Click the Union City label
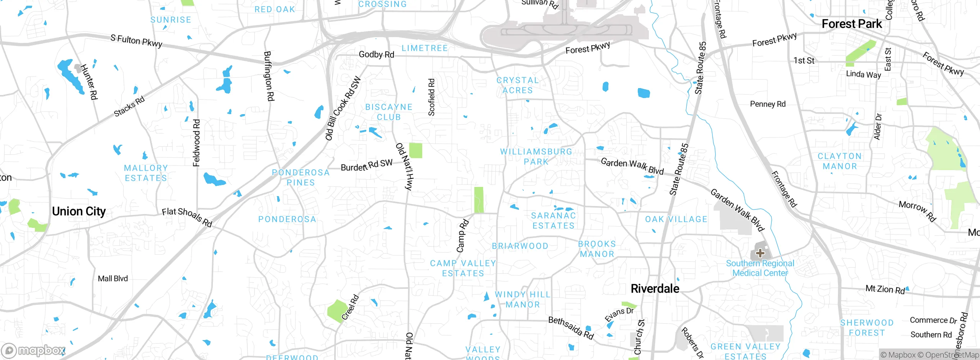pos(79,211)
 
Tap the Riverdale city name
pos(655,289)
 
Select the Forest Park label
pos(851,24)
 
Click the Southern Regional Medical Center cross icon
pos(760,253)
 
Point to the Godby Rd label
pos(376,55)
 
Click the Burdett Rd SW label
pos(366,165)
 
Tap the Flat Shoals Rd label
pos(187,217)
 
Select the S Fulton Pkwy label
pos(136,41)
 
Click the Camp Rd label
pos(462,236)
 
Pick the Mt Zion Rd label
pos(885,290)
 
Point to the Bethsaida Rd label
pos(571,328)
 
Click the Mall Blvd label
pos(113,279)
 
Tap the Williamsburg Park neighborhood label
pos(536,157)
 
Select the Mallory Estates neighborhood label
pos(146,173)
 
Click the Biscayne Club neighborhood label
pos(389,112)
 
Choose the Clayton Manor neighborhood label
pos(840,161)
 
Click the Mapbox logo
pos(34,350)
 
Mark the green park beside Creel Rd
pos(337,310)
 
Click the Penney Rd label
pos(767,104)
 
